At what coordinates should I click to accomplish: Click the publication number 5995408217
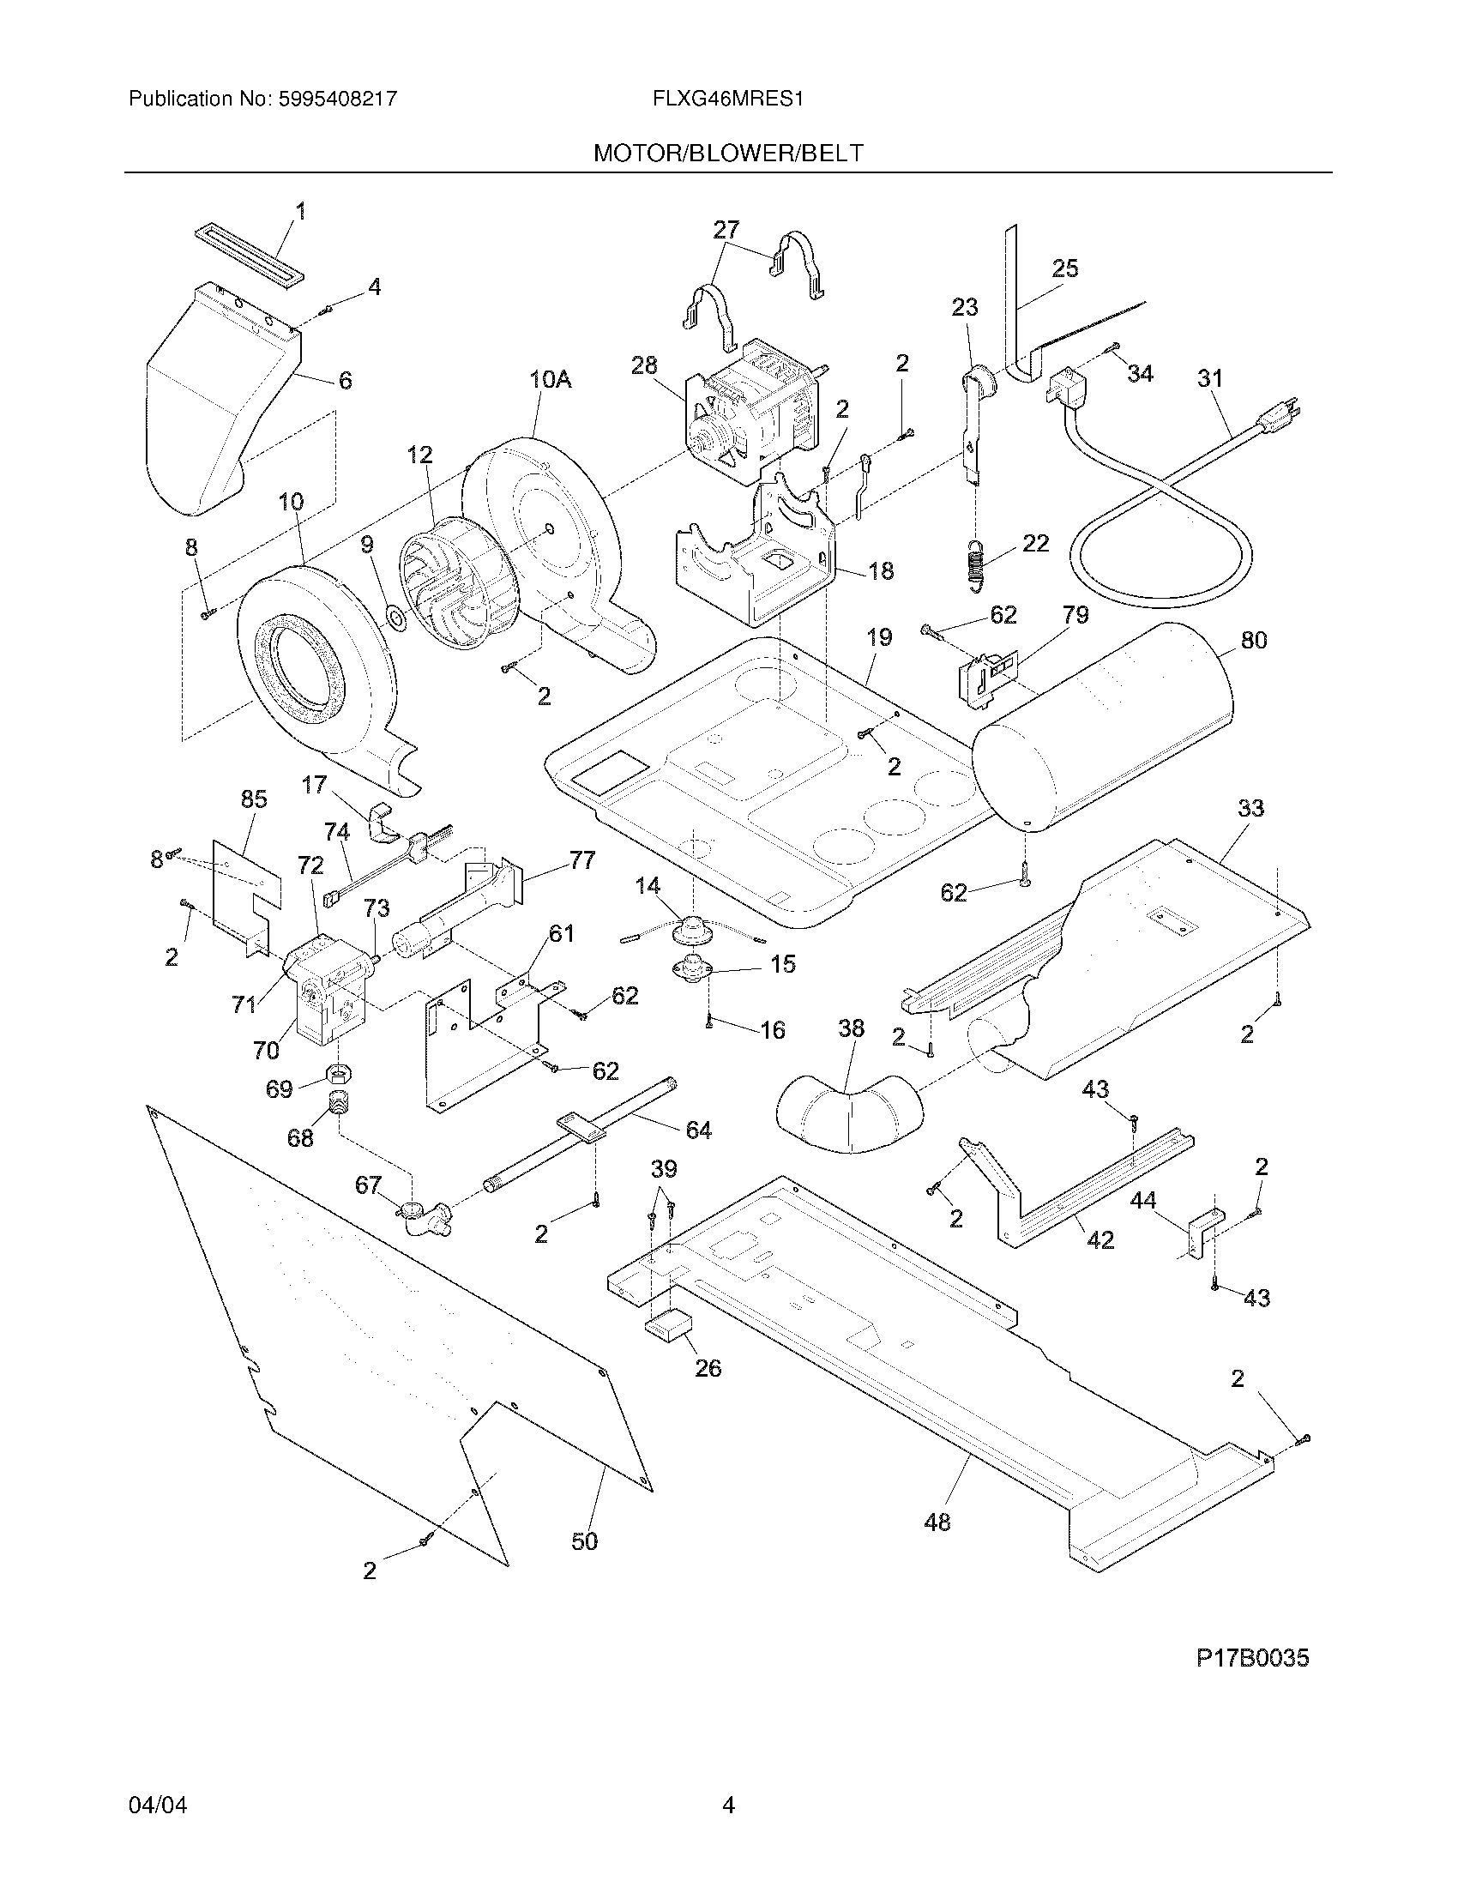coord(338,99)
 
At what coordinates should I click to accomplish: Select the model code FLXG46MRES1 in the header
coord(728,99)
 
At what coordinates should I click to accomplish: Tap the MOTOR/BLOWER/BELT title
coord(728,153)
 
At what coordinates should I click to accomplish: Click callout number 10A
coord(551,378)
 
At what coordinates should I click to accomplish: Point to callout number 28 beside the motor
coord(643,365)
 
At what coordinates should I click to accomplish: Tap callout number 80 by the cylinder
coord(1253,640)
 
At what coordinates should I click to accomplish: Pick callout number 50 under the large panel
coord(585,1540)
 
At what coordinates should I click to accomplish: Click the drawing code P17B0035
coord(1251,1658)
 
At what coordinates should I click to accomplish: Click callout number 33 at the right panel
coord(1250,808)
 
